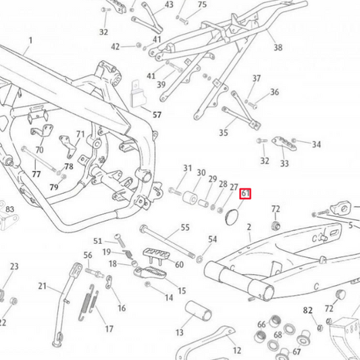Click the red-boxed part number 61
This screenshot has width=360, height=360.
246,194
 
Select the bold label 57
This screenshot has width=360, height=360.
157,115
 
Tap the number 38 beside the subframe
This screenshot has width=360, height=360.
278,48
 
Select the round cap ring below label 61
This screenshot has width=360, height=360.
230,217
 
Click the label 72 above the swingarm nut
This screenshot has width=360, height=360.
276,209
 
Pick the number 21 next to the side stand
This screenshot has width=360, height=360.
42,286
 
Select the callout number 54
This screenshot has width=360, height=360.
213,239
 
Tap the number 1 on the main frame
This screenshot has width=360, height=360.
30,41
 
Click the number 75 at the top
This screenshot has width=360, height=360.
201,4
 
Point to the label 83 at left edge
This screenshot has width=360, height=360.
9,210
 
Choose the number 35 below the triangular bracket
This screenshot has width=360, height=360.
223,133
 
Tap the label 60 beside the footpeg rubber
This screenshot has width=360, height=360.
179,264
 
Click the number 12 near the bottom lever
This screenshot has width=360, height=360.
236,351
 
